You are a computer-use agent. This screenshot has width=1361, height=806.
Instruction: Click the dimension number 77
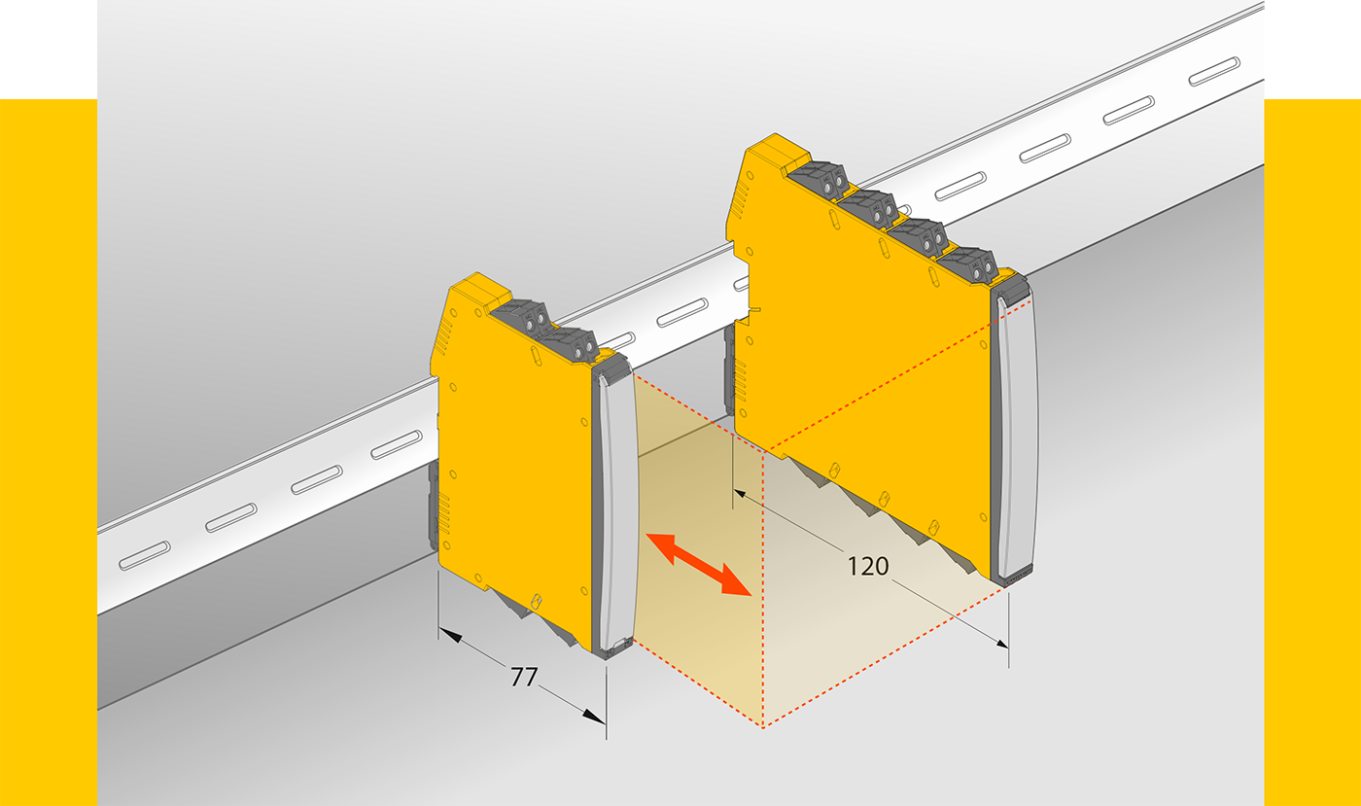(524, 677)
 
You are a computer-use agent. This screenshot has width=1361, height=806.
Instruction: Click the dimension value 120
(867, 567)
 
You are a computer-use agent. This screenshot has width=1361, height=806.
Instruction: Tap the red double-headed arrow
(698, 565)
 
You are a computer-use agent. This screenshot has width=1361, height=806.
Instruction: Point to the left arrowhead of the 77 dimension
(449, 635)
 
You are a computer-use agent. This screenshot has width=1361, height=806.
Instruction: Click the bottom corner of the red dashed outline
(763, 727)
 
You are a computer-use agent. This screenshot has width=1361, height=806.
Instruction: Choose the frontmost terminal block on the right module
(968, 263)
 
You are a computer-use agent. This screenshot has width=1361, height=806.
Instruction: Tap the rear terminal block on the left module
(520, 316)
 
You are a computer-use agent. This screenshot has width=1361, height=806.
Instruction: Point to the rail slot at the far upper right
(1214, 71)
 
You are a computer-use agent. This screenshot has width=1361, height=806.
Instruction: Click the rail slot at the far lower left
(145, 555)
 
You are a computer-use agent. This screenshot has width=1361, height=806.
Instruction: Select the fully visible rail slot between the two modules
(682, 312)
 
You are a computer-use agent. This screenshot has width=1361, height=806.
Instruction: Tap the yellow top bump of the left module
(479, 290)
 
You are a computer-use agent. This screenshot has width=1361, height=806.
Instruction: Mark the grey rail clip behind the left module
(434, 505)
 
